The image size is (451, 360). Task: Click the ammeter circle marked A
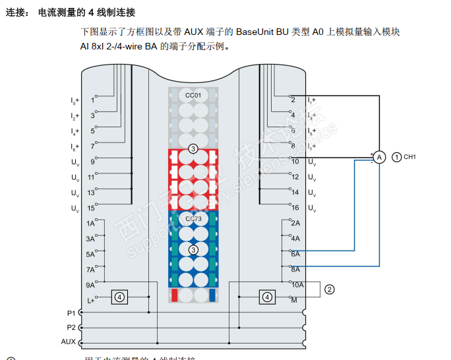pos(379,157)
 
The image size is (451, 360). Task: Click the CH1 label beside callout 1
pos(409,157)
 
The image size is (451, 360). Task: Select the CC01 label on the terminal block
pos(193,96)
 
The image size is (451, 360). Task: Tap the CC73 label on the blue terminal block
pos(193,219)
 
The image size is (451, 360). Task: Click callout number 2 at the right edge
pos(330,289)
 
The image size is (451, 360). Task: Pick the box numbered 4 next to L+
pos(119,297)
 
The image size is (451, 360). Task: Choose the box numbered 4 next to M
pos(267,297)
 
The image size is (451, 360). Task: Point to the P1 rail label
pos(71,313)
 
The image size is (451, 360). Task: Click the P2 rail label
pos(71,327)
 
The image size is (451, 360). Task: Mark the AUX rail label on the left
pos(69,342)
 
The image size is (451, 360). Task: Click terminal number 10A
pos(297,285)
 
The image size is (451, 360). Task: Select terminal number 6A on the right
pos(295,254)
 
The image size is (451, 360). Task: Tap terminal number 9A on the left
pos(90,285)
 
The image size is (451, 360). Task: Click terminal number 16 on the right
pos(295,208)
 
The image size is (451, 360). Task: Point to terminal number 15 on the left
pos(91,208)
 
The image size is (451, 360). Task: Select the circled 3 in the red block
pos(193,149)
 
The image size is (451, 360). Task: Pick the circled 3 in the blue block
pos(193,250)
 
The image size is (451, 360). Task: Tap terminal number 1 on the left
pos(92,100)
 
